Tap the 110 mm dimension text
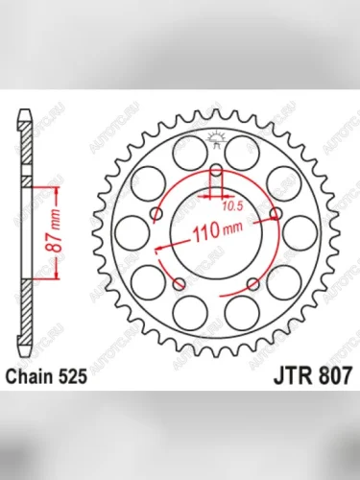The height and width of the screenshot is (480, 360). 217,232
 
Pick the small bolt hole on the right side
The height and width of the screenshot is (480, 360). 276,213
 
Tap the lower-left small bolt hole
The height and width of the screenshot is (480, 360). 179,284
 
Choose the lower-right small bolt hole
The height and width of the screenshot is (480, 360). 252,284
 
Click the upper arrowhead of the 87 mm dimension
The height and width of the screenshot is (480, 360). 38,186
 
